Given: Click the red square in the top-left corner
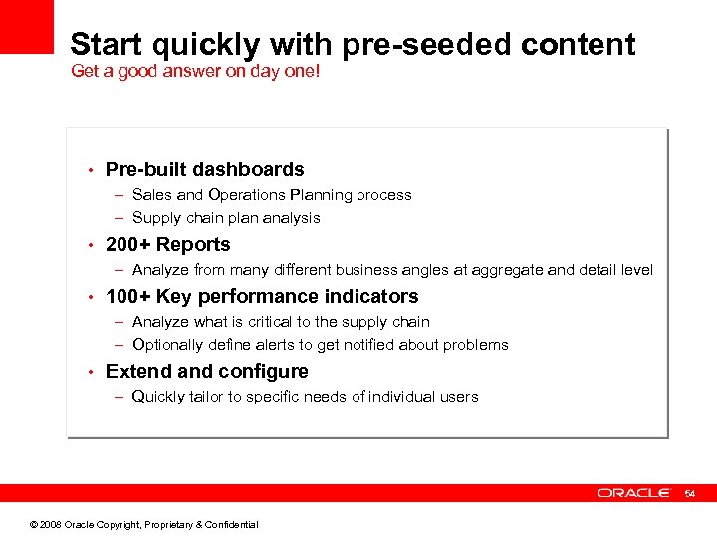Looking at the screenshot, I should [x=26, y=26].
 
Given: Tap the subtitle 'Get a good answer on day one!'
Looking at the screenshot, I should [x=195, y=72].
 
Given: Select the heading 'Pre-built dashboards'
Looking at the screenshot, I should [x=204, y=170].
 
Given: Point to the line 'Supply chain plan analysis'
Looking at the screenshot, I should [x=226, y=218].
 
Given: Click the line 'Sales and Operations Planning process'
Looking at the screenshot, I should [x=271, y=195].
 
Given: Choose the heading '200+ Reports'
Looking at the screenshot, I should [x=167, y=245].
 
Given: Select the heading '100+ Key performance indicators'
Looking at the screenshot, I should [x=262, y=297].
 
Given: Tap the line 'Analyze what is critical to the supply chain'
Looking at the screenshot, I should [x=281, y=322].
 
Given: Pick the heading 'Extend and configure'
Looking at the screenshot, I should [x=206, y=372].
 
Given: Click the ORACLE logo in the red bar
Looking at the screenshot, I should [x=634, y=493].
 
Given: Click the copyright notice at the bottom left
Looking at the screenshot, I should [x=143, y=525].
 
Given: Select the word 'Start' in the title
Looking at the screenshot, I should [x=107, y=45].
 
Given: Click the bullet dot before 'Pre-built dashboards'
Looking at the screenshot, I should [x=90, y=170].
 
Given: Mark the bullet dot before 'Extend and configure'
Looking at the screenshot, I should [x=90, y=372].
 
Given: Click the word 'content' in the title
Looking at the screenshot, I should [x=578, y=45].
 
